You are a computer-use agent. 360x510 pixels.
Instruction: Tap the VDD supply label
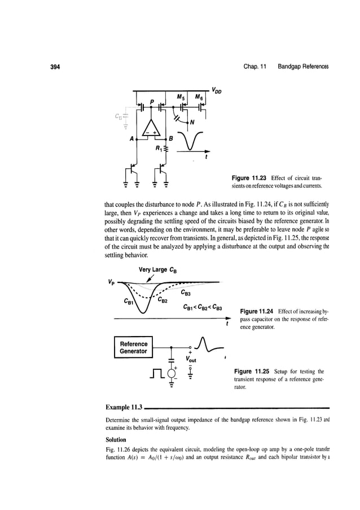point(218,89)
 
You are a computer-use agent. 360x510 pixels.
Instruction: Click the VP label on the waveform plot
point(115,280)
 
